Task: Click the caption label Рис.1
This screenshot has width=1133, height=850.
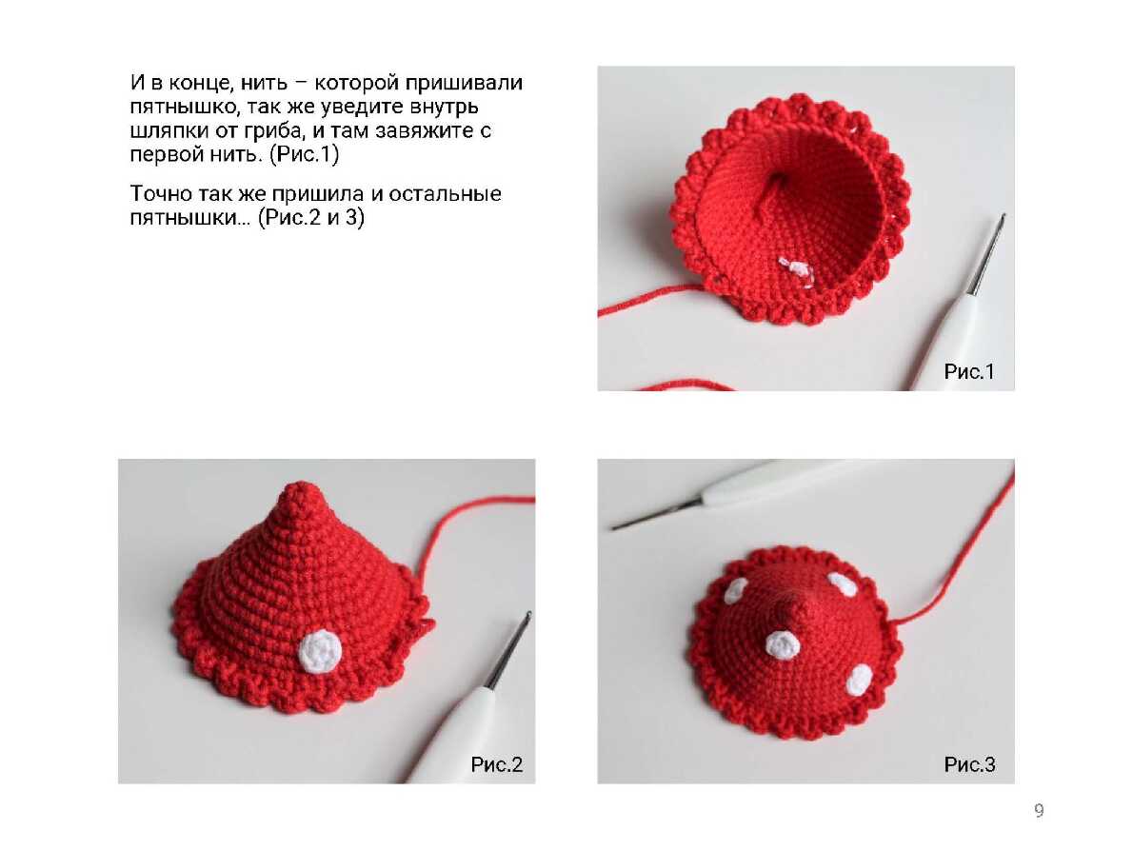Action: coord(969,371)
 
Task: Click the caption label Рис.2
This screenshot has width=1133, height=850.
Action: coord(496,764)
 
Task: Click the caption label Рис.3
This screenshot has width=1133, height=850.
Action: coord(969,764)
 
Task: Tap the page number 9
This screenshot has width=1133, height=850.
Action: coord(1039,810)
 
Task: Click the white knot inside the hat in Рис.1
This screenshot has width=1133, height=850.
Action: coord(797,270)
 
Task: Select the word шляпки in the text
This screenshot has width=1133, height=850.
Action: coord(169,131)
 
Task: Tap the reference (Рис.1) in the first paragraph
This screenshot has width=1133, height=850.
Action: coord(305,154)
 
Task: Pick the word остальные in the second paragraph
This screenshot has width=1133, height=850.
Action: coord(445,193)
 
